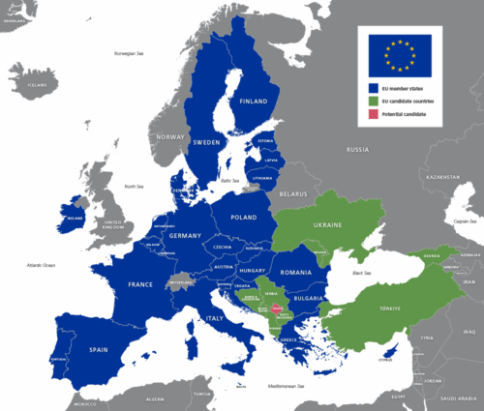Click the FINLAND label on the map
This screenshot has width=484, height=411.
pyautogui.click(x=254, y=101)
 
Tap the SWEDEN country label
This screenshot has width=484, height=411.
pyautogui.click(x=207, y=141)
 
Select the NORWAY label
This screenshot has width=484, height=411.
pyautogui.click(x=170, y=137)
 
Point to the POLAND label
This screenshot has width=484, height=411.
pyautogui.click(x=243, y=218)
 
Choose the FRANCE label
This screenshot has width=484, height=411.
pyautogui.click(x=141, y=284)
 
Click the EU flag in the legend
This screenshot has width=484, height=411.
pyautogui.click(x=398, y=55)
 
